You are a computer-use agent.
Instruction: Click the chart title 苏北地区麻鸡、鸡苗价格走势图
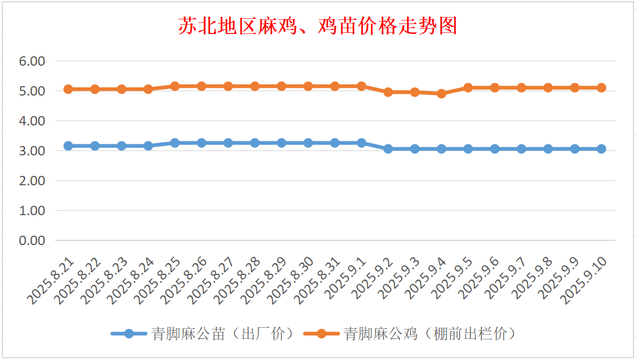tap(317, 26)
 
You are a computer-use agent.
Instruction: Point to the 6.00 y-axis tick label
tap(32, 61)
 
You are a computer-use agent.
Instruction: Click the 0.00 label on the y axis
tap(32, 240)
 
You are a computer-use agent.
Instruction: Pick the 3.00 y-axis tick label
tap(32, 151)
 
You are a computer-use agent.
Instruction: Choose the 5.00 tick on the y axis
tap(32, 91)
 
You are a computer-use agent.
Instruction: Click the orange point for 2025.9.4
tap(442, 93)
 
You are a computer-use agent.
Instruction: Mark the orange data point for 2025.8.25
tap(175, 86)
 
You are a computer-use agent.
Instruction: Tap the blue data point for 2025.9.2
tap(388, 149)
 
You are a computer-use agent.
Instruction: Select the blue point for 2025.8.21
tap(68, 146)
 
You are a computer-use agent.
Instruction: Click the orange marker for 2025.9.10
tap(601, 88)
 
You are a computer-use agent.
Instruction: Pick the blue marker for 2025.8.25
tap(175, 143)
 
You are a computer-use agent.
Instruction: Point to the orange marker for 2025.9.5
tap(468, 88)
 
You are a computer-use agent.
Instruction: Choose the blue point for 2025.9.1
tap(361, 143)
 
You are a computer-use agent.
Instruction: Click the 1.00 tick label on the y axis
tap(32, 210)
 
